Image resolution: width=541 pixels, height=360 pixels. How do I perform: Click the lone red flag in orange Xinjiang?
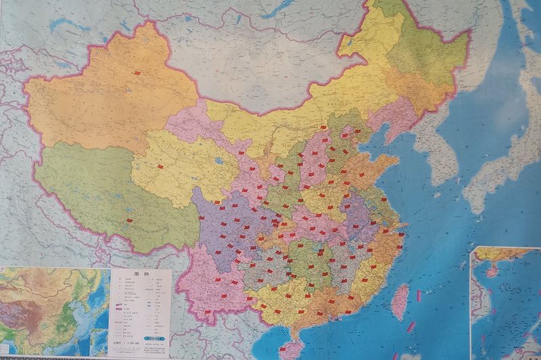coord(137,72)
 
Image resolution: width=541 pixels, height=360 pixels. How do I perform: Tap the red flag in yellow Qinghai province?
coord(160,166)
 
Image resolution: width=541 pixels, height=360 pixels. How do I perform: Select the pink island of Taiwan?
coord(400,302)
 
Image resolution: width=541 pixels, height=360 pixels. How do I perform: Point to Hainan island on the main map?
coord(291,349)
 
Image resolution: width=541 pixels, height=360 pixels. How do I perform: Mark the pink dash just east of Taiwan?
coord(419,296)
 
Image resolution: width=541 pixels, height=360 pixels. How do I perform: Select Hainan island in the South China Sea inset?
coord(492,270)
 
